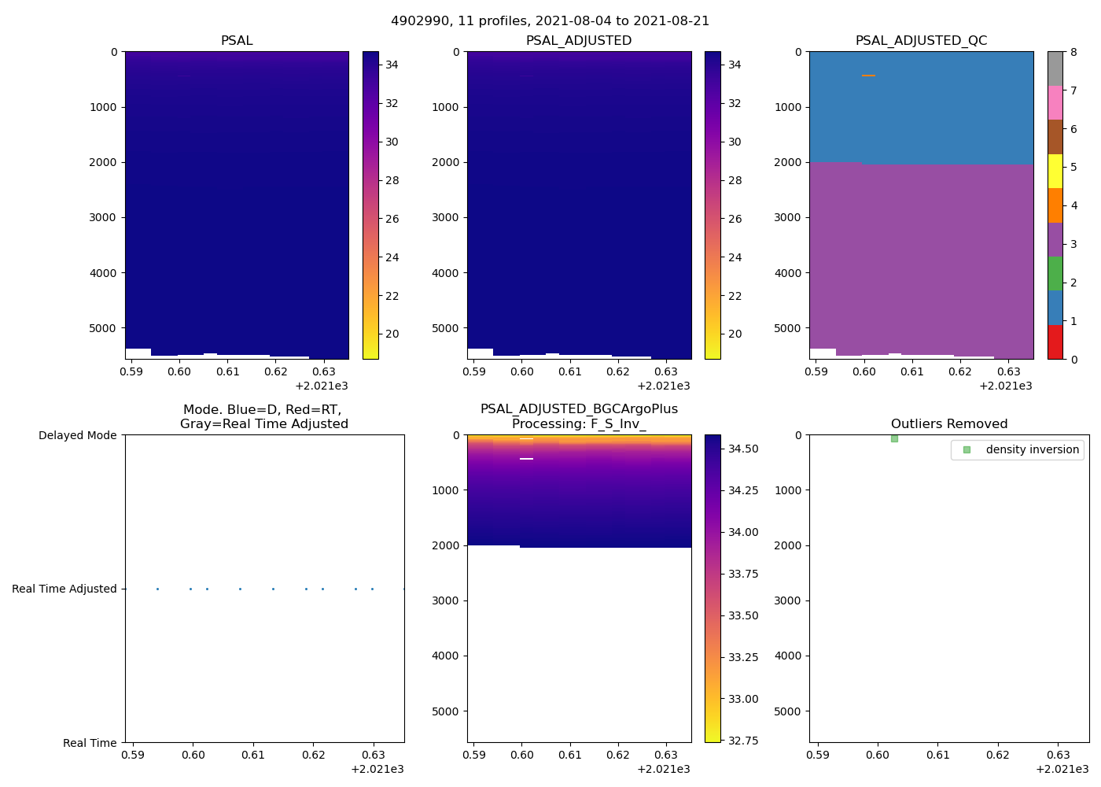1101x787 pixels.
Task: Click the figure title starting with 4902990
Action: [x=550, y=21]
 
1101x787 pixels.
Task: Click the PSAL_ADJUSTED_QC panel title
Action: [x=921, y=41]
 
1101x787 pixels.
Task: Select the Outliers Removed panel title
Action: [x=948, y=424]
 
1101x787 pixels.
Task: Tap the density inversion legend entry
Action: [x=1032, y=449]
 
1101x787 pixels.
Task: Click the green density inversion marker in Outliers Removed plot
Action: [x=894, y=438]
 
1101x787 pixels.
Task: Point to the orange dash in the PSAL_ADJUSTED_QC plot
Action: [x=868, y=76]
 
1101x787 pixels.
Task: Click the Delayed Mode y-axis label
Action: [x=77, y=435]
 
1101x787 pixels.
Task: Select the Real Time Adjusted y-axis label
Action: [x=64, y=589]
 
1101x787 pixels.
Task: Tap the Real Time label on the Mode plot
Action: [x=90, y=743]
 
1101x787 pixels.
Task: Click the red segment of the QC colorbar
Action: [x=1055, y=342]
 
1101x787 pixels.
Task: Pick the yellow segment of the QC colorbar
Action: [x=1055, y=171]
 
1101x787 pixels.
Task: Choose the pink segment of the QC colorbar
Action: [x=1055, y=102]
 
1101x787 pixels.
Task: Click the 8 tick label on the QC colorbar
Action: [x=1073, y=52]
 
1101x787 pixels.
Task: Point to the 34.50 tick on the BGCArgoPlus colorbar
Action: [x=743, y=449]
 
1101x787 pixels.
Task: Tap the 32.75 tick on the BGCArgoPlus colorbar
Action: [x=743, y=741]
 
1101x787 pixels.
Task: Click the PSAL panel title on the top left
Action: [x=237, y=41]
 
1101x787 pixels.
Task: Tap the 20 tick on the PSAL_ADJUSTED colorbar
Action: [x=735, y=334]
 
